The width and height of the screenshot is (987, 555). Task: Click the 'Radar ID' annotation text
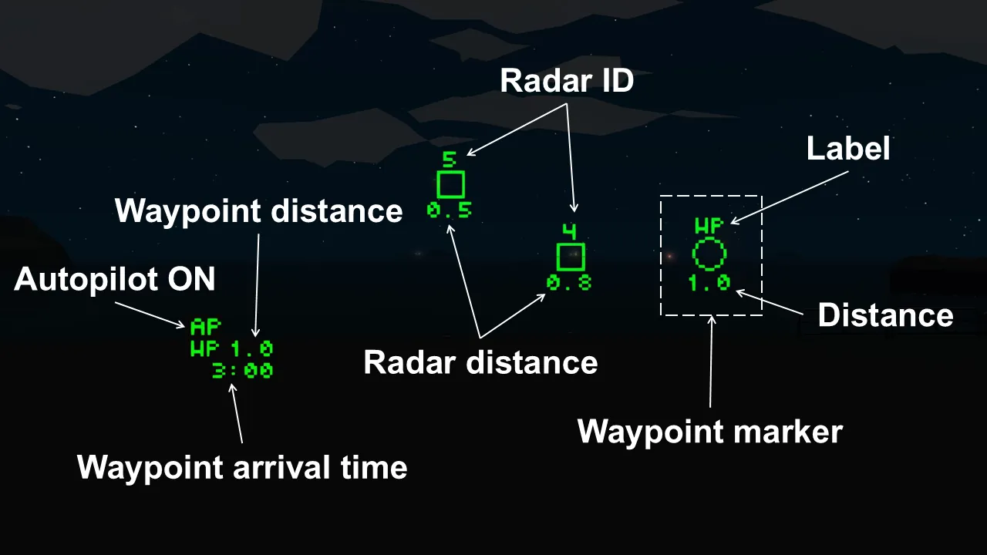point(567,81)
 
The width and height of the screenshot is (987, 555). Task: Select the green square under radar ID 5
point(450,185)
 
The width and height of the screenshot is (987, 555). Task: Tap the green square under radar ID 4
point(571,257)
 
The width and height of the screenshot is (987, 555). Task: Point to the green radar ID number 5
point(450,160)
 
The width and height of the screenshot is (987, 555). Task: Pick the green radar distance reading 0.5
point(450,210)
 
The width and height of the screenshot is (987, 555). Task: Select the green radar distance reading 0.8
point(570,283)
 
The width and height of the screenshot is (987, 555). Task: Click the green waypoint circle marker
point(709,254)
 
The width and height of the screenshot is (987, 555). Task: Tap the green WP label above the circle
point(709,227)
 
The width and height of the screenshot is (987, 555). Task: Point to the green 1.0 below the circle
point(709,283)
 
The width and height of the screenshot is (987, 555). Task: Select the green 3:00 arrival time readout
point(242,371)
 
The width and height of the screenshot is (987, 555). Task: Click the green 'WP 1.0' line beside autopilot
point(231,349)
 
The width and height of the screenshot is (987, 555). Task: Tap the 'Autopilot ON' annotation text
point(115,280)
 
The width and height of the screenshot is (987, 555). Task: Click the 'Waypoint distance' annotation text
point(259,211)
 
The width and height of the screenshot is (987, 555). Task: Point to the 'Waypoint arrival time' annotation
point(242,467)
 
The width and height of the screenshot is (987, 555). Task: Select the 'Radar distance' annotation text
point(480,362)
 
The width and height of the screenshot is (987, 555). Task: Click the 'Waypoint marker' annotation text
point(709,432)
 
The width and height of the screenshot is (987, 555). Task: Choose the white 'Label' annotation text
point(848,149)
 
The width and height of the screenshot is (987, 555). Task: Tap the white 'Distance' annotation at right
point(885,315)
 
